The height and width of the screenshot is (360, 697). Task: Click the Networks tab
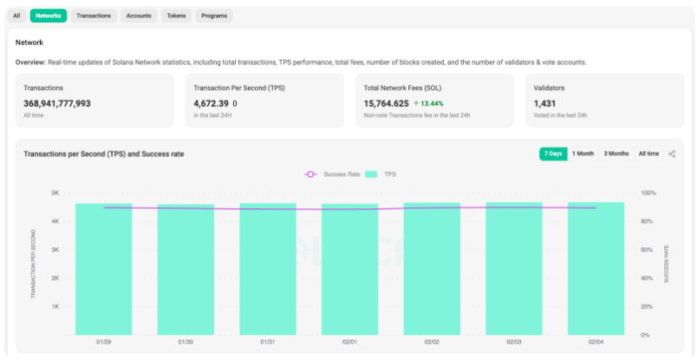(x=49, y=16)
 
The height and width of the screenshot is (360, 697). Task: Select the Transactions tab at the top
(x=94, y=16)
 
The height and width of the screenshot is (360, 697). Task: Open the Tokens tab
(x=176, y=16)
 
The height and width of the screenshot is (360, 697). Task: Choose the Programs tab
(x=214, y=16)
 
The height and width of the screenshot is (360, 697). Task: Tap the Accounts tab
(x=139, y=16)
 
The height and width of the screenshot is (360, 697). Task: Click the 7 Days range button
(x=553, y=154)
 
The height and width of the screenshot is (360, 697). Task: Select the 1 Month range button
(x=583, y=154)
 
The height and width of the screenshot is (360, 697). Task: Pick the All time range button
(x=648, y=154)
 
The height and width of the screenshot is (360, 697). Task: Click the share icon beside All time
(x=672, y=154)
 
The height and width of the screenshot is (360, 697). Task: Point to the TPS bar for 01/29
(x=103, y=269)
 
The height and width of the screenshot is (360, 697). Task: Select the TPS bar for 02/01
(x=350, y=269)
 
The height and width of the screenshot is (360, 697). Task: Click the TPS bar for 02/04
(x=596, y=269)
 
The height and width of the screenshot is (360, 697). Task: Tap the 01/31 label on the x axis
(x=268, y=343)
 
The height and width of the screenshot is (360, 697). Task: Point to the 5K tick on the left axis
(x=55, y=193)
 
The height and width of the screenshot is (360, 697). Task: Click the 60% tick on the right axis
(x=648, y=250)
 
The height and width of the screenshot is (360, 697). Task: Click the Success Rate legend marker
(x=310, y=174)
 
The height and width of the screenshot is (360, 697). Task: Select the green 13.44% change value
(x=428, y=104)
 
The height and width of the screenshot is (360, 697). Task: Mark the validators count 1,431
(x=544, y=104)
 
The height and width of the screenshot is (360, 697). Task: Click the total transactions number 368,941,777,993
(x=57, y=104)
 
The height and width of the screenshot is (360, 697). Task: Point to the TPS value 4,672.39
(x=211, y=104)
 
